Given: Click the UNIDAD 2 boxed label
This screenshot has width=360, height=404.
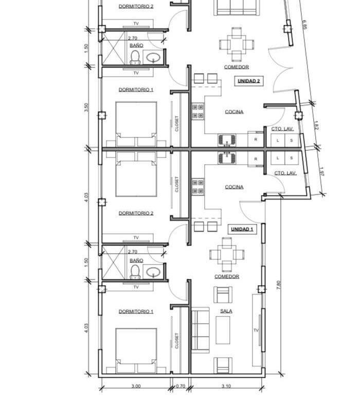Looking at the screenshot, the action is coord(249,81).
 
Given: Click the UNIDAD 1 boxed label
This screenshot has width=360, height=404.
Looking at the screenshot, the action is coord(242,229).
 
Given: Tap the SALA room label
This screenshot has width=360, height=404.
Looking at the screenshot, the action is coord(226,311).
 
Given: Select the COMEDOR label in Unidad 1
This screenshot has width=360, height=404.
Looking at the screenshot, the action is coord(227,276).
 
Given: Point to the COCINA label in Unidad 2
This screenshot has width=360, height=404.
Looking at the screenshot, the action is coord(234,112).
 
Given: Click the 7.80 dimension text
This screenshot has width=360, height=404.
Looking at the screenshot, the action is coord(278,285).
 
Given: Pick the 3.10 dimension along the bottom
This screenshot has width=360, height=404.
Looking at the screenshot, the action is coord(226,386).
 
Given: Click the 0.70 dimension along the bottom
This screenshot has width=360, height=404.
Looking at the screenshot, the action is coord(181,386).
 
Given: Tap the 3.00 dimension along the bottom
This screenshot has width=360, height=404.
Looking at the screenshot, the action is coord(136,386).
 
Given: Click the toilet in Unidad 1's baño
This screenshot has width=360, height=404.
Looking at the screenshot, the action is coord(135,272).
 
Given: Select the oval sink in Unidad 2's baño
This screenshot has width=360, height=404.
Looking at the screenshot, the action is coord(153,58).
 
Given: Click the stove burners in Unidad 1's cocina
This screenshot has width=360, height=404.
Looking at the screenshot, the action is coord(198,186).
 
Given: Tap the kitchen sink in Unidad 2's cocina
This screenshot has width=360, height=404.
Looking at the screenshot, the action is coord(227,140).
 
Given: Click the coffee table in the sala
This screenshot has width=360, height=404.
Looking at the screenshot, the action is coord(223,330).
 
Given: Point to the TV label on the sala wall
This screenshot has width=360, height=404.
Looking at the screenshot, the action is coord(256,330).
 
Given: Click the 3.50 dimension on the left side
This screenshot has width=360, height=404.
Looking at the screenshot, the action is coord(86,107).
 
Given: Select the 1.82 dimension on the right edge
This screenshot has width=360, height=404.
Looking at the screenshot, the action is coord(316,126).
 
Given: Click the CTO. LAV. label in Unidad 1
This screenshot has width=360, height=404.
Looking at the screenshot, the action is coord(285,173).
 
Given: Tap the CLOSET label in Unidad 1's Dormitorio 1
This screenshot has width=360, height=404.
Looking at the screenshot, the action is coord(176,341).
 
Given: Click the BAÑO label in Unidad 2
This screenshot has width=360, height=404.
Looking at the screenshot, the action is coord(136,45).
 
